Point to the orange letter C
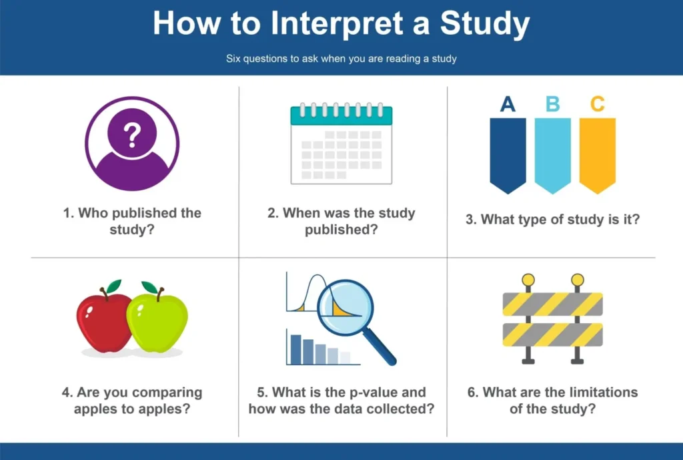[597, 104]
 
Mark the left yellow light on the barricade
[528, 279]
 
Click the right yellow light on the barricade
[578, 279]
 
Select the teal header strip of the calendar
[341, 116]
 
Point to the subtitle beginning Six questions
[341, 59]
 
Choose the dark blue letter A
[508, 104]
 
